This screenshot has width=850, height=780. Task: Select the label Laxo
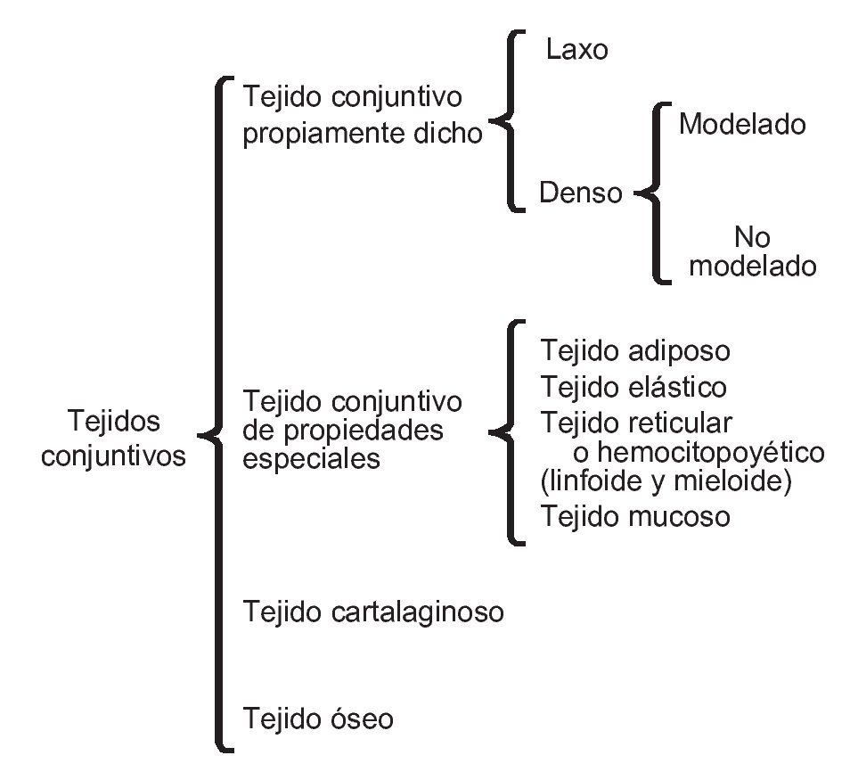(576, 49)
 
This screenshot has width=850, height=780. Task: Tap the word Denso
(581, 193)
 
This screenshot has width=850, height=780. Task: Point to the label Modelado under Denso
(741, 124)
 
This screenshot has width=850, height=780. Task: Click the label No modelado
(753, 251)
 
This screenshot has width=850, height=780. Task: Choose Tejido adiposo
(635, 350)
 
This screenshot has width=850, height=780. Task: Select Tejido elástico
(633, 388)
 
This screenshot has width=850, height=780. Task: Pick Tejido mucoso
(635, 516)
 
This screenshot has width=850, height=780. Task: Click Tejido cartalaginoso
(373, 612)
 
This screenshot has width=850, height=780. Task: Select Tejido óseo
(317, 718)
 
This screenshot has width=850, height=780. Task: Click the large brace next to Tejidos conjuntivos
(217, 415)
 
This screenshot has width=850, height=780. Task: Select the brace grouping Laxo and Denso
(509, 121)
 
